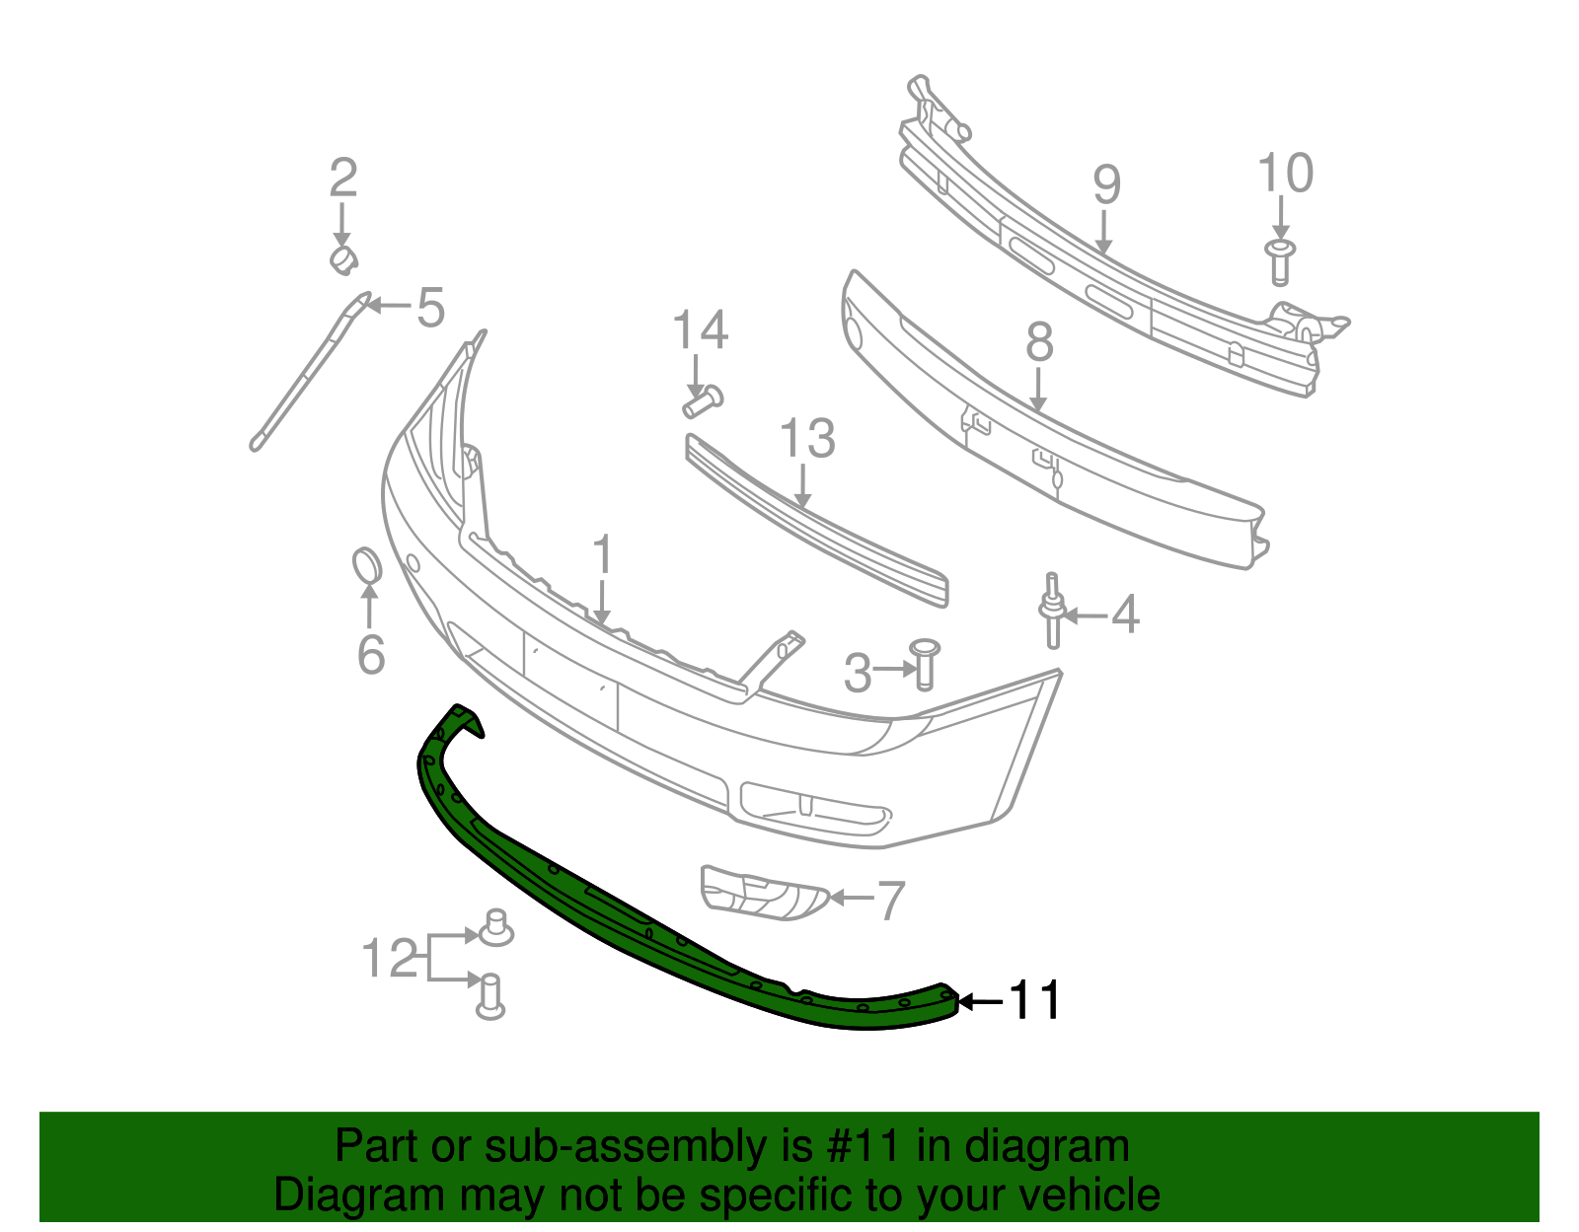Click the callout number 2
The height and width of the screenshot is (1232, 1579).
click(x=342, y=179)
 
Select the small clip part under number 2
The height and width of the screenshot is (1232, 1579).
click(x=342, y=259)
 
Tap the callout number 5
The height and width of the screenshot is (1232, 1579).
click(x=430, y=308)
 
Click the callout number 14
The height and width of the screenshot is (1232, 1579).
click(x=700, y=330)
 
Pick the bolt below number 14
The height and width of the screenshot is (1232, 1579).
click(x=702, y=401)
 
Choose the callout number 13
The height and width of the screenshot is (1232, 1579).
click(x=807, y=439)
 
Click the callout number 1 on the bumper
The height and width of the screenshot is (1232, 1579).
click(x=602, y=556)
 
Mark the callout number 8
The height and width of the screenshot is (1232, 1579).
click(x=1039, y=342)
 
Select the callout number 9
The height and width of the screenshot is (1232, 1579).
click(x=1107, y=185)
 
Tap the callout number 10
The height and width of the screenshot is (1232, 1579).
click(x=1285, y=174)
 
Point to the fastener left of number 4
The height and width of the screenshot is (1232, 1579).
click(x=1052, y=612)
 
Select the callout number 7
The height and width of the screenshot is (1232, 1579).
click(x=890, y=900)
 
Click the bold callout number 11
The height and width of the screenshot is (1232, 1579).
click(x=1034, y=1001)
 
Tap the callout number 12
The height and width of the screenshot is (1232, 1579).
click(x=391, y=958)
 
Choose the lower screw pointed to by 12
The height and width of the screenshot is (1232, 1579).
click(x=490, y=995)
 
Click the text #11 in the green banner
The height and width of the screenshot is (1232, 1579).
click(x=860, y=1146)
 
